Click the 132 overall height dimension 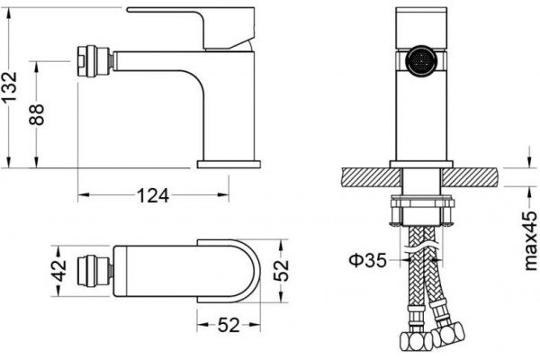pos(9,86)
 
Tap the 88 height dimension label pos(36,114)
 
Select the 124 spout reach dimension pos(153,195)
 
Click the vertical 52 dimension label pos(281,270)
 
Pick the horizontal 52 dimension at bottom pos(229,325)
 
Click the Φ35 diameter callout pos(368,260)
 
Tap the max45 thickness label pos(530,240)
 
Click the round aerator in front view pos(421,60)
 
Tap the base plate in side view pos(229,165)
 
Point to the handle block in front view pos(421,28)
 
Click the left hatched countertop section pos(372,177)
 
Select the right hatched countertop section pos(470,177)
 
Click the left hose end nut pos(417,341)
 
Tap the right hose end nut pos(448,334)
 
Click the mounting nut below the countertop pos(421,211)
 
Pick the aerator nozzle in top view pos(94,271)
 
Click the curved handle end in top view pos(248,271)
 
